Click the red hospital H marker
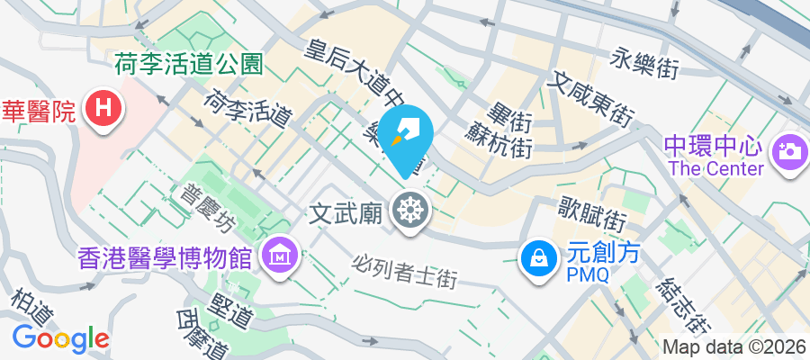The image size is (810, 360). (x=104, y=111)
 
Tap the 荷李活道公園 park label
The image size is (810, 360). (x=188, y=64)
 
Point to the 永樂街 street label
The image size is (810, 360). (x=643, y=61)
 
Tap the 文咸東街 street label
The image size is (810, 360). (x=590, y=98)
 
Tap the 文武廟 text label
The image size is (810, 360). (x=347, y=213)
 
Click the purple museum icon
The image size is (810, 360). (x=279, y=257)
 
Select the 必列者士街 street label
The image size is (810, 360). (x=405, y=274)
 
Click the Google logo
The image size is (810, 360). (x=61, y=337)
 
